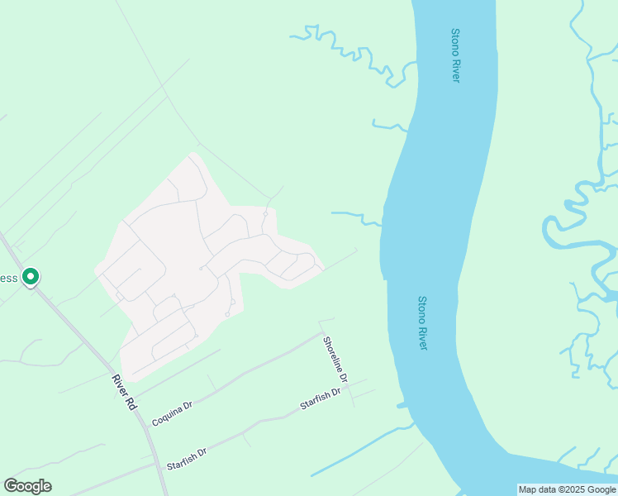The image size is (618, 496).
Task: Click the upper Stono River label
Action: pyautogui.click(x=455, y=55)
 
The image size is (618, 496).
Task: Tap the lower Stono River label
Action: pyautogui.click(x=422, y=322)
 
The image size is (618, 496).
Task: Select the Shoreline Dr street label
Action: pyautogui.click(x=336, y=359)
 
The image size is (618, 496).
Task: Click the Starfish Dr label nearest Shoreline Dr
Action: pyautogui.click(x=321, y=398)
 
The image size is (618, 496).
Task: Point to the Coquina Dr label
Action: pyautogui.click(x=172, y=414)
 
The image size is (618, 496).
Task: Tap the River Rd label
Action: pyautogui.click(x=123, y=392)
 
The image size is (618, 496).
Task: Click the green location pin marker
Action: pyautogui.click(x=31, y=276)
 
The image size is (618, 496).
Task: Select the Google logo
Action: pyautogui.click(x=27, y=486)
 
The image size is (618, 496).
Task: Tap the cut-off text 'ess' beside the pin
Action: pyautogui.click(x=9, y=278)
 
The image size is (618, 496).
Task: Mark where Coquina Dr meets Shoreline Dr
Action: pyautogui.click(x=321, y=334)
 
